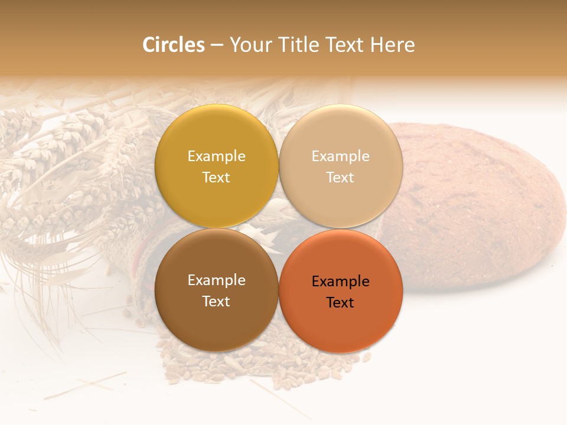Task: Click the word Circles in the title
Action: (174, 44)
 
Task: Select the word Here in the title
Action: (393, 44)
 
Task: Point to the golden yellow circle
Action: (216, 136)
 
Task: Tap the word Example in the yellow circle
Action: (216, 156)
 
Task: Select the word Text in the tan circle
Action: (340, 177)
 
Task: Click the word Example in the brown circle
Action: (216, 280)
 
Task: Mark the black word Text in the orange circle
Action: (340, 302)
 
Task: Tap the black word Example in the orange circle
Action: (340, 282)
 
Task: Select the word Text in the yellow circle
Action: (216, 177)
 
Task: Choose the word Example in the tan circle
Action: (340, 156)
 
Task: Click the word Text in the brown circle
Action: (216, 301)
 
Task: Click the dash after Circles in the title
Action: (216, 45)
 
